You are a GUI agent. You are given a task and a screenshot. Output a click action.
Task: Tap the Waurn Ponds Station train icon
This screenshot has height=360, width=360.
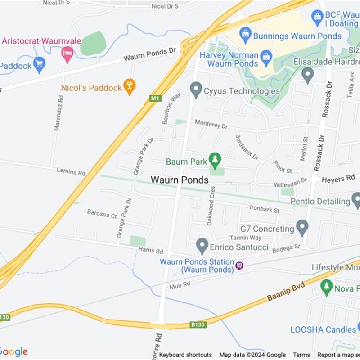coord(239,265)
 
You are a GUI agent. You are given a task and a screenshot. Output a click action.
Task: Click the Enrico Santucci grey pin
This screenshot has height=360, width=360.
coord(202,245)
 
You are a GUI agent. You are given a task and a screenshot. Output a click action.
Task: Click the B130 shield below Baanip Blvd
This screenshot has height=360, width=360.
coord(198,324)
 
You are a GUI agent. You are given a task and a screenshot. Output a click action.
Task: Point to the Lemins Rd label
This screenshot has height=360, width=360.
coord(71,172)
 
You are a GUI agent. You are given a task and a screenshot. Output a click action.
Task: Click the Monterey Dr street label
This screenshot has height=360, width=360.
coord(211,124)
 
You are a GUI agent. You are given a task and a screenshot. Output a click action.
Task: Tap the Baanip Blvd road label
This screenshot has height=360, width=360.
coord(286,292)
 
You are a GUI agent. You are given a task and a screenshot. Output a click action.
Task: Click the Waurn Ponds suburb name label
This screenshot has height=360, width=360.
coord(180,180)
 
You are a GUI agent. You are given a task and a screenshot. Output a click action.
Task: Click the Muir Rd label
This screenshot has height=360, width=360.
coord(180,285)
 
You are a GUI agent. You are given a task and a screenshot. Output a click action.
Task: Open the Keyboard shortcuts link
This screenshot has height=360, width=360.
coord(185,355)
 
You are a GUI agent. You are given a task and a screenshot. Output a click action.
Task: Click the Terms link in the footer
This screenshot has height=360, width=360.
coord(301,355)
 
